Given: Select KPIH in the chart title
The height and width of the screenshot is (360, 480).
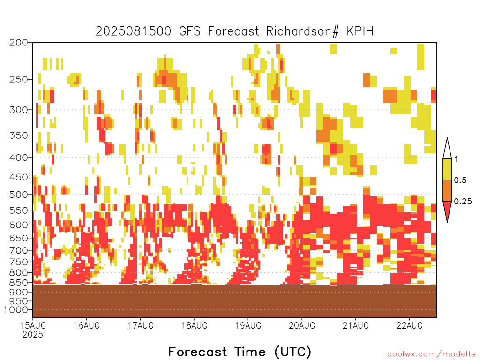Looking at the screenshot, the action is click(360, 31).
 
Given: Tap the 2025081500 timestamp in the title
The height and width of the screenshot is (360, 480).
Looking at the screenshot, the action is click(134, 31).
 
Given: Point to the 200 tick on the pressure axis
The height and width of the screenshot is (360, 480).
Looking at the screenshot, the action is click(18, 43).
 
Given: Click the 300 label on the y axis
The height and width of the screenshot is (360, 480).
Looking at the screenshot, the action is click(18, 110).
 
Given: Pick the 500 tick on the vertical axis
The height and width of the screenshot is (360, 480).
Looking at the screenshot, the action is click(18, 195).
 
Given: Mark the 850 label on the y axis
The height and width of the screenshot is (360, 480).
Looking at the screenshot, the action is click(18, 283).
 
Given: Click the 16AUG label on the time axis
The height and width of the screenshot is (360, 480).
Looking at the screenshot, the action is click(87, 325).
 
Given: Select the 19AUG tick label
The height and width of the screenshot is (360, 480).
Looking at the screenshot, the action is click(248, 325).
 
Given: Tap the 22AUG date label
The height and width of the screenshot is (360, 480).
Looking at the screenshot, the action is click(410, 325).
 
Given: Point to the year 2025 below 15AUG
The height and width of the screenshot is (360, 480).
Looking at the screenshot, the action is click(33, 335).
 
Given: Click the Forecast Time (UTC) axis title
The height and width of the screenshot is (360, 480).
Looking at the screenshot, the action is click(240, 352).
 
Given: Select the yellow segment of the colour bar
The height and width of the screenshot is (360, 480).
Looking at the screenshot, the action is click(447, 169).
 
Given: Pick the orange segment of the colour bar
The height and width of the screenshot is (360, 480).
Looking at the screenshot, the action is click(447, 190).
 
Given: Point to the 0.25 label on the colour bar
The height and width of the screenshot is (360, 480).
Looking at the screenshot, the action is click(463, 201).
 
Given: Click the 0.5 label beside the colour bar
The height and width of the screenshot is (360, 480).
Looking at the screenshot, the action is click(460, 180).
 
